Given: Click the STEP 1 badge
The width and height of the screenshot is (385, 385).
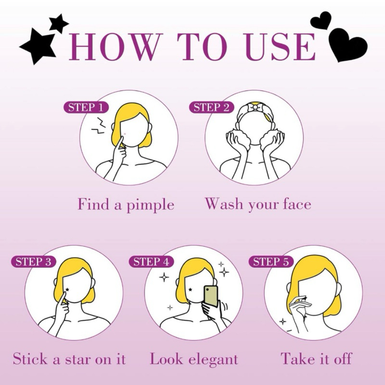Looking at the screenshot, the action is click(x=86, y=107).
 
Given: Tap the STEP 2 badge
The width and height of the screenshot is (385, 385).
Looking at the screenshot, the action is click(x=211, y=107).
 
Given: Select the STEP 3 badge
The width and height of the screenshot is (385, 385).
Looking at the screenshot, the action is click(x=33, y=261).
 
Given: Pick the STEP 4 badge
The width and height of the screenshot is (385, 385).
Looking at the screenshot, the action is click(x=151, y=261).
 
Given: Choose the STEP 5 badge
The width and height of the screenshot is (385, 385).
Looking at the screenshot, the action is click(x=271, y=261).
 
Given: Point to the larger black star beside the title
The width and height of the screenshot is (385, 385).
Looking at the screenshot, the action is click(x=38, y=46).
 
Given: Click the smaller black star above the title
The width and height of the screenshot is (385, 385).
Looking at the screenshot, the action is click(x=58, y=23).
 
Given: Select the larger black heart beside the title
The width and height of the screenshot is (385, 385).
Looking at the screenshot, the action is click(x=347, y=44).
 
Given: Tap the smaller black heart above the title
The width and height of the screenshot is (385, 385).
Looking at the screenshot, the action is click(x=321, y=21).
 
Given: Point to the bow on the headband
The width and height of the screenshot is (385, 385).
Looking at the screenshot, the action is click(x=254, y=107).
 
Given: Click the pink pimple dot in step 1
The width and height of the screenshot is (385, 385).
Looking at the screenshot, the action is click(x=125, y=134).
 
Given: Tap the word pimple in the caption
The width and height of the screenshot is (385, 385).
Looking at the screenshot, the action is click(x=150, y=205).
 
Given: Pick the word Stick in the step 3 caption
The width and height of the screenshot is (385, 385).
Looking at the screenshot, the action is click(x=30, y=359).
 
